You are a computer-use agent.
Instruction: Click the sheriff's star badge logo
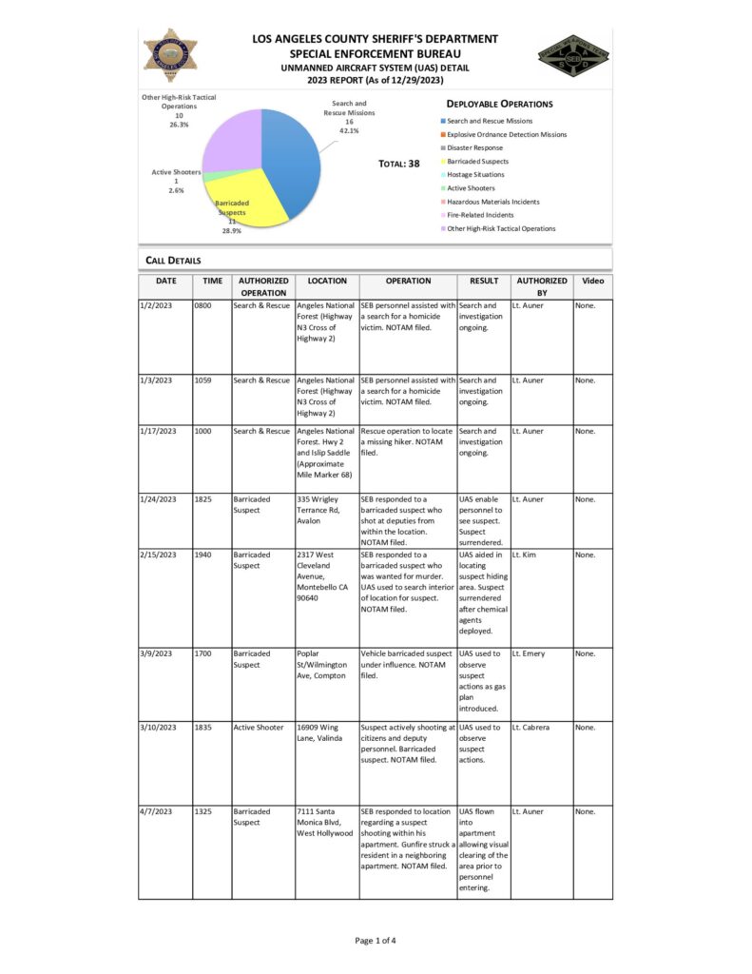tap(171, 54)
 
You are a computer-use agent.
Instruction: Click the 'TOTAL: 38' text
tap(398, 164)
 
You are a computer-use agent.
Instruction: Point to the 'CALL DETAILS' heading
tap(173, 260)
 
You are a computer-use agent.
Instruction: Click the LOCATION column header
tap(327, 282)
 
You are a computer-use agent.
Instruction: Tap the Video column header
tap(591, 282)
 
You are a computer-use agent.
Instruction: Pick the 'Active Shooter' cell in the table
tap(259, 728)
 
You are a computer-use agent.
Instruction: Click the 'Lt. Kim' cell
tap(526, 555)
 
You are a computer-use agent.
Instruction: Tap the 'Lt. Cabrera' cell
tap(532, 728)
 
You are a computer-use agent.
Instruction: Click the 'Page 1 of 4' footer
tap(376, 941)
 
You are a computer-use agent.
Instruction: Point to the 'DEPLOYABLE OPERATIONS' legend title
tap(499, 104)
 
